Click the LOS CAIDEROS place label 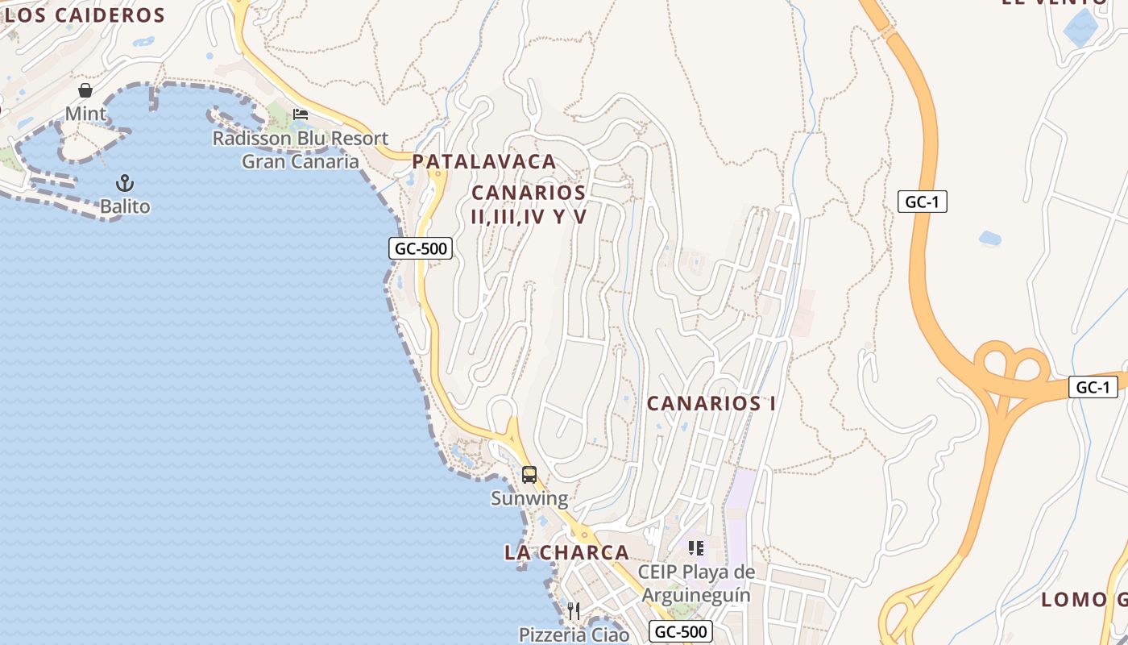[x=85, y=15]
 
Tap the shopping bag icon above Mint [x=85, y=90]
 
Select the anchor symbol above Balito [x=125, y=183]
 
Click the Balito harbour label [x=125, y=206]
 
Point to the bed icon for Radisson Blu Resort [x=301, y=114]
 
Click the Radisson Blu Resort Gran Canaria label [x=301, y=150]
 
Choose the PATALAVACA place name [x=484, y=161]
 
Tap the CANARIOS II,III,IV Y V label [x=529, y=204]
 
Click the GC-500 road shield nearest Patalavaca [x=421, y=248]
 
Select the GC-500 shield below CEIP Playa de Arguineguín [x=681, y=631]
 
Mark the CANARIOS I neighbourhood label [x=711, y=403]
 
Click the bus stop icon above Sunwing [x=529, y=475]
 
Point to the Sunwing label [x=529, y=498]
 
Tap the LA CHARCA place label [x=566, y=552]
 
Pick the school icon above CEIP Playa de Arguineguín [x=696, y=549]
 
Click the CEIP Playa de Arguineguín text [x=696, y=584]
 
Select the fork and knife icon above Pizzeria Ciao [x=574, y=610]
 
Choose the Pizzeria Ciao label [x=574, y=635]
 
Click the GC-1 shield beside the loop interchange [x=1093, y=387]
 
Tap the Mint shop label [x=85, y=114]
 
